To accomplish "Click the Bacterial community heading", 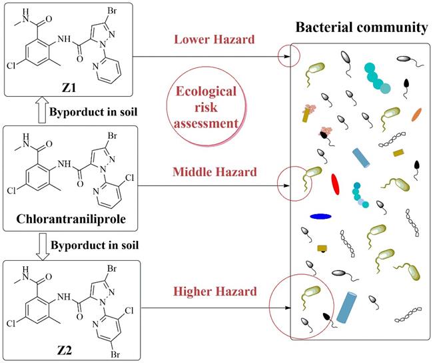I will pos(362,28).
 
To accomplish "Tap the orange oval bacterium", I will pos(416,114).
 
